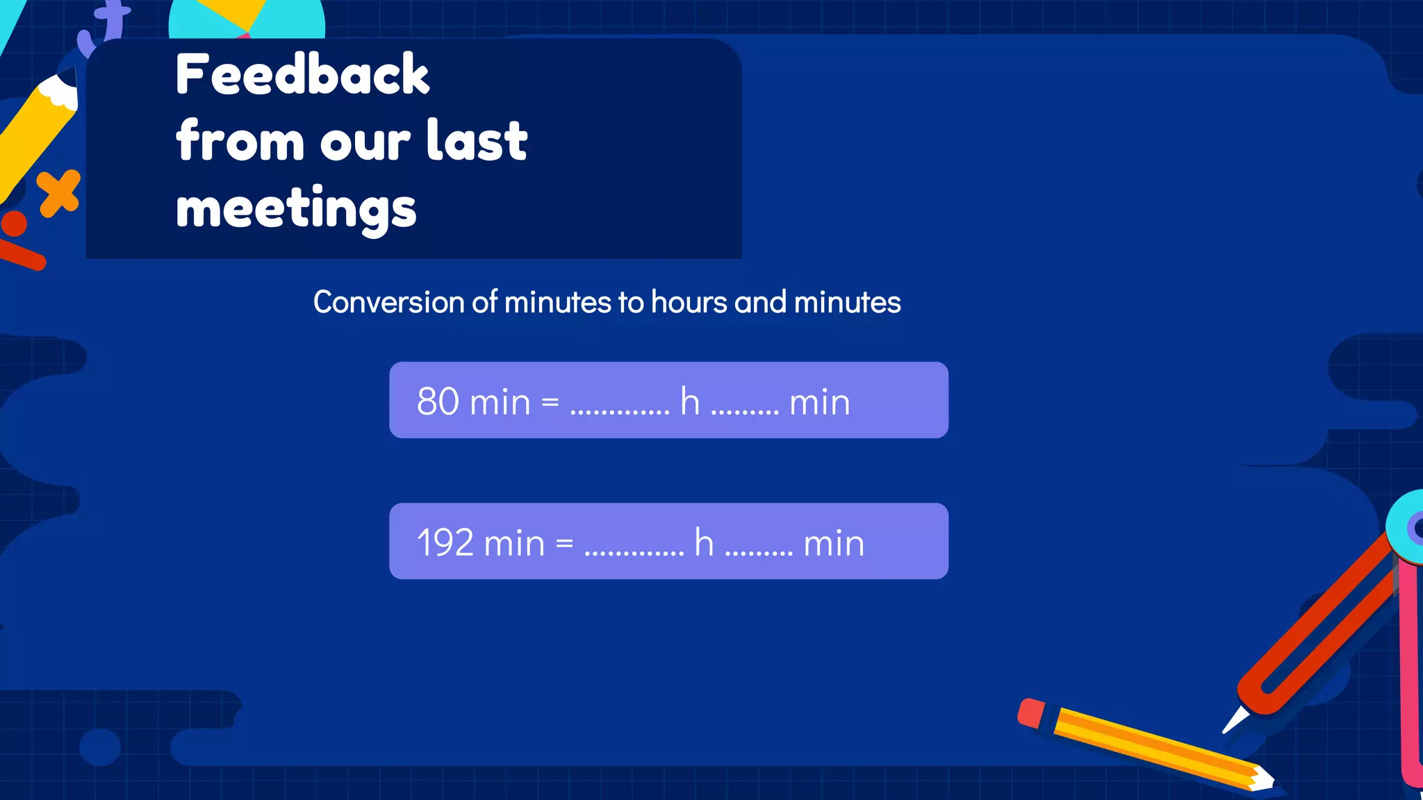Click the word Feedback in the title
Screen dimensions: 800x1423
[302, 75]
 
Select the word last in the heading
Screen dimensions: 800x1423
[477, 141]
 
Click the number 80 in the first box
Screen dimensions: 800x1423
[438, 401]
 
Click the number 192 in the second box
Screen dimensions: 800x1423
[445, 542]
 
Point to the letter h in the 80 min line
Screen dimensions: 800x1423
[689, 401]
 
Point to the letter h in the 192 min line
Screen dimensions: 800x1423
[704, 542]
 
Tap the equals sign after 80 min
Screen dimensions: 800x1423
[550, 402]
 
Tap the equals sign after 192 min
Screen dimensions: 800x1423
[564, 543]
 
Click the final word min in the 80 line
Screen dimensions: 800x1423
[820, 402]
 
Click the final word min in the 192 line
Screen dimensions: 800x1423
[834, 543]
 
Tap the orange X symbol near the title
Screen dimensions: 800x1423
[59, 192]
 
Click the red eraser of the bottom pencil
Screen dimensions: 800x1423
[1031, 713]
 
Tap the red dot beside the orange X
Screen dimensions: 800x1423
[14, 224]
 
